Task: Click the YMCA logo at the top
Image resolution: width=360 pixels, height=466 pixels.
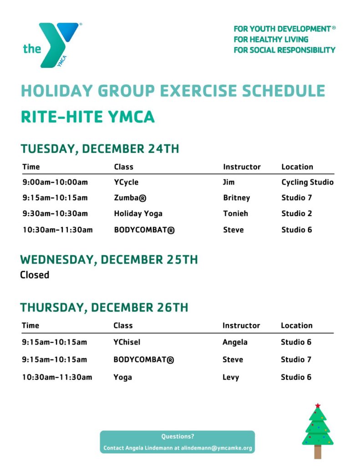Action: tap(52, 45)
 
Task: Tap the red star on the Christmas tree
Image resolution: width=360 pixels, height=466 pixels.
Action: tap(318, 405)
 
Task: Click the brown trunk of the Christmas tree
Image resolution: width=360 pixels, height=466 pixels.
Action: tap(318, 452)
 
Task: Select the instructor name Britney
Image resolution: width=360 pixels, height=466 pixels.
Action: tap(236, 198)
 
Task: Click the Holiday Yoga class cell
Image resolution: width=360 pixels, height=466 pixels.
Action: tap(138, 214)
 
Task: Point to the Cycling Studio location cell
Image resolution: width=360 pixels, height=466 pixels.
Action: tap(307, 182)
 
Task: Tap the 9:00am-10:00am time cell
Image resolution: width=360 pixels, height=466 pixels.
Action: tap(55, 182)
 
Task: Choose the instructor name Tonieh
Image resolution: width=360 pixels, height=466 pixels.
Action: tap(235, 213)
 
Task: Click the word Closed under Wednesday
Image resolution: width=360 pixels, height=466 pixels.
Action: tap(35, 274)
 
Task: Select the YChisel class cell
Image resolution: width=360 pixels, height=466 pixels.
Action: tap(127, 342)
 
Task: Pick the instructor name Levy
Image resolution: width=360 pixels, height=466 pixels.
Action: tap(231, 377)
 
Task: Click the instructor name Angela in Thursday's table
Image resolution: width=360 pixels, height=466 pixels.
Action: tap(235, 342)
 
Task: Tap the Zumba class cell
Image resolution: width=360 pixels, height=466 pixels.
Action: tap(130, 198)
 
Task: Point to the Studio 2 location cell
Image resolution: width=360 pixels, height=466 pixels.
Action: tap(297, 213)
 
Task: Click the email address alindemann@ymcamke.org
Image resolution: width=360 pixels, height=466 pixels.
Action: tap(217, 448)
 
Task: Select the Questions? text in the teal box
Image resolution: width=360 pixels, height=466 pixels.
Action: tap(177, 436)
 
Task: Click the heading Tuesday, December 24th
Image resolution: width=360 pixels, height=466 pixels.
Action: tap(100, 149)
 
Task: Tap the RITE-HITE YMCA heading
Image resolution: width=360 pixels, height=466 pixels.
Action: tap(88, 116)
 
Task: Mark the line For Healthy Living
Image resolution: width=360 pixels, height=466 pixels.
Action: tap(271, 40)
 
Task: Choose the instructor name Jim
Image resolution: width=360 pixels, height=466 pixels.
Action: tap(228, 182)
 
